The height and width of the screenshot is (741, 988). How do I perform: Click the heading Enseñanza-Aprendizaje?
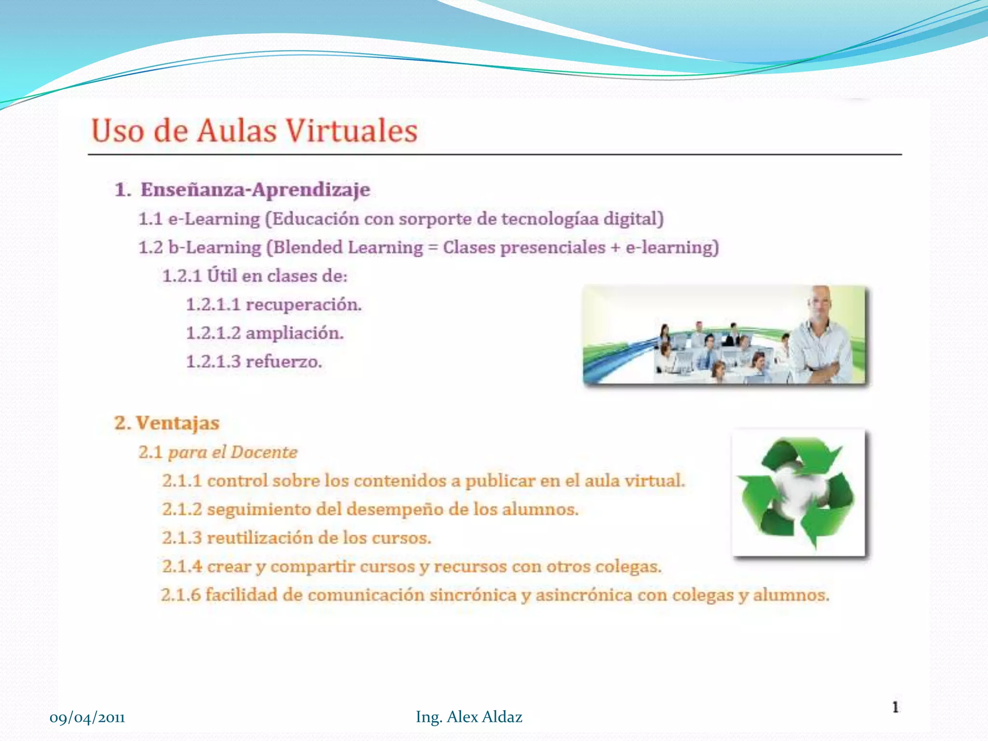[x=255, y=190]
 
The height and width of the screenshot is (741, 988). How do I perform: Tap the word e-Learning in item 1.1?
[x=214, y=219]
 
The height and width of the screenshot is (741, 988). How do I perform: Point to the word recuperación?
[x=303, y=305]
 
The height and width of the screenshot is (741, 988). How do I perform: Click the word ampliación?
[x=295, y=333]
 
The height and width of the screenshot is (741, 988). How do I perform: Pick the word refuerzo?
[x=284, y=362]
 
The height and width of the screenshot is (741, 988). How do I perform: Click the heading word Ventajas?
[x=178, y=423]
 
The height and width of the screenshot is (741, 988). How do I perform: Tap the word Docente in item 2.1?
[x=264, y=452]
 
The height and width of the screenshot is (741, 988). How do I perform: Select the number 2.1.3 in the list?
[x=182, y=538]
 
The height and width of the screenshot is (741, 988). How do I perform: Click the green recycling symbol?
[x=798, y=492]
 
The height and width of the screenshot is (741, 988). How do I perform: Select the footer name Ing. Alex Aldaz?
[x=469, y=717]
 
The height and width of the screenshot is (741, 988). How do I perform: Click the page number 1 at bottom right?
[x=895, y=707]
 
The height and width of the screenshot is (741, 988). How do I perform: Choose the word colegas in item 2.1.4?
[x=628, y=566]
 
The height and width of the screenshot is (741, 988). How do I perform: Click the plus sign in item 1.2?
[x=615, y=247]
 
